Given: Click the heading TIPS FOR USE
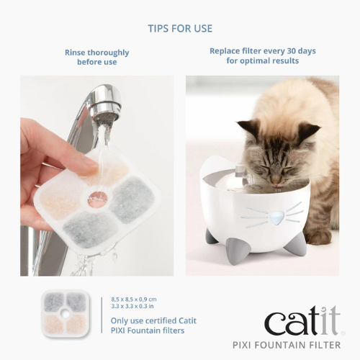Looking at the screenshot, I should coord(180,29).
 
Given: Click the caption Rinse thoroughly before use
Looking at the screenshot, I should coord(96,58).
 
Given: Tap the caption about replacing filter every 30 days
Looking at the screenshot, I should coord(262,56).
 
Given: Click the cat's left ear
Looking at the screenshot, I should coord(249,130).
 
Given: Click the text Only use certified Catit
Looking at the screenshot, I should coord(153,320).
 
